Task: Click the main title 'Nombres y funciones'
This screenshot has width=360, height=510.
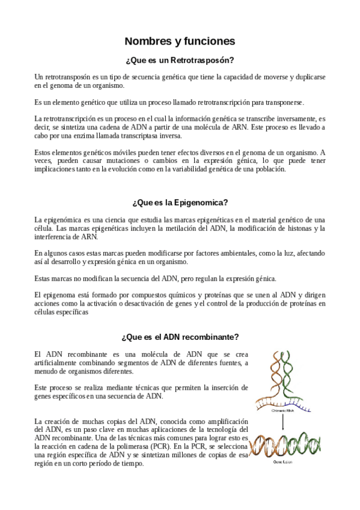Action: click(x=180, y=41)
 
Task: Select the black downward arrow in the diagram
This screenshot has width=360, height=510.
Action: click(x=282, y=425)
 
